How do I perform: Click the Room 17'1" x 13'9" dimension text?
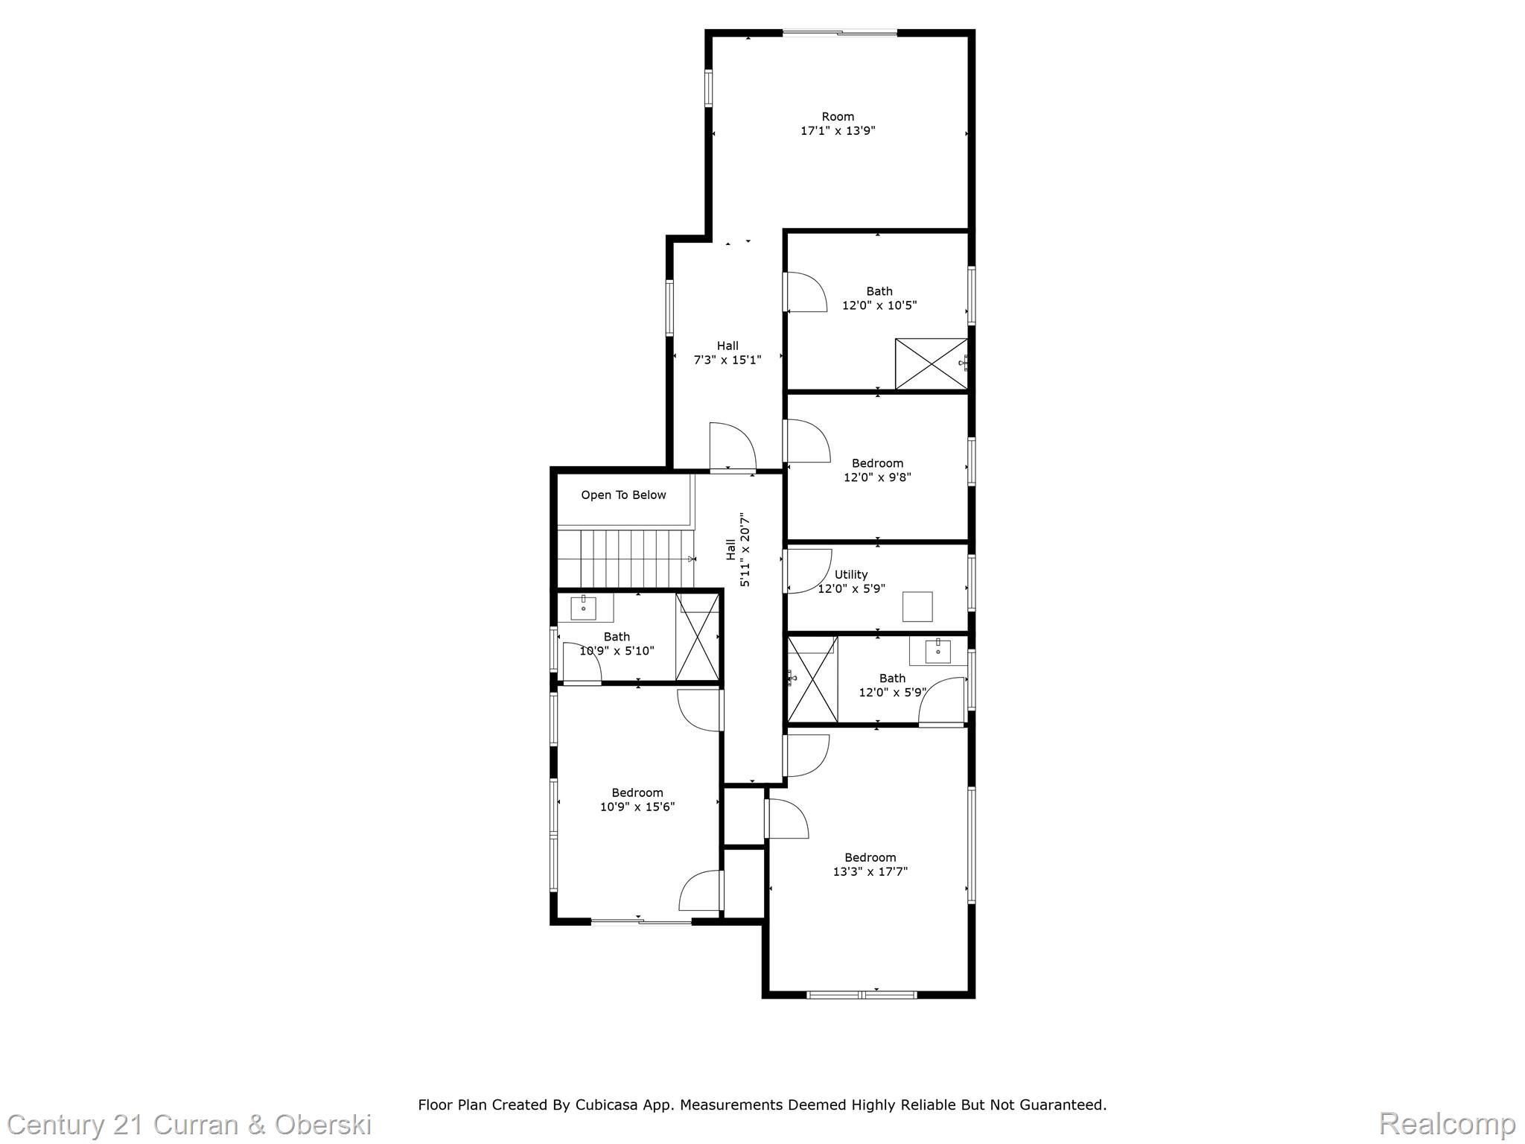(x=838, y=131)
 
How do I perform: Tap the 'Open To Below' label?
(x=623, y=495)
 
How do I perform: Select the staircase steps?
(x=626, y=559)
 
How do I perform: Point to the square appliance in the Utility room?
(x=917, y=606)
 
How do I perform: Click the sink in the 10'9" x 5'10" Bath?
(x=583, y=608)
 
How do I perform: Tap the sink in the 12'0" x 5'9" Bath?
(x=937, y=651)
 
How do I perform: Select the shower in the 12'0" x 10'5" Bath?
(x=931, y=363)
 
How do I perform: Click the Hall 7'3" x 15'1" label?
(x=728, y=353)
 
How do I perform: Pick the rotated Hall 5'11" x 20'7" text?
(x=738, y=550)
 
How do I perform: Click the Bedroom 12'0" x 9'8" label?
(x=877, y=470)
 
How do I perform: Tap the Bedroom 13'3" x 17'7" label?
(x=870, y=864)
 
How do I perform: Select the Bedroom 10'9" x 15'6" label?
(x=637, y=799)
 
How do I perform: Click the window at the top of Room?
(x=839, y=33)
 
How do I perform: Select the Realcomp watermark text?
(x=1447, y=1123)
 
